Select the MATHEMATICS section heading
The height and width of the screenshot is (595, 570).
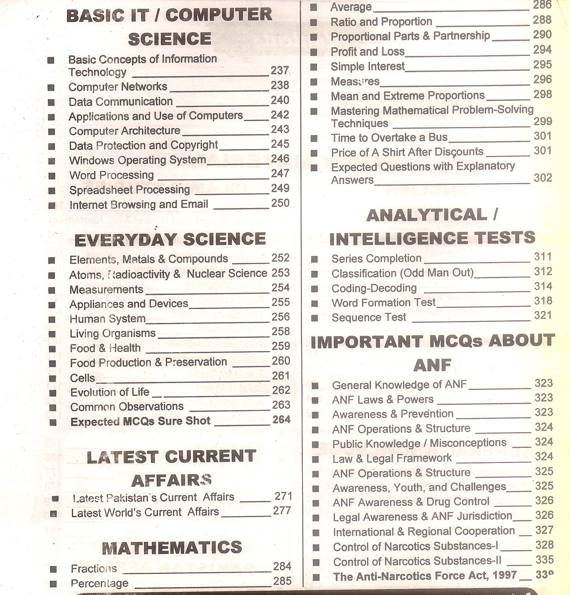click(x=172, y=547)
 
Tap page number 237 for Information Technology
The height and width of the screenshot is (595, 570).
click(x=280, y=70)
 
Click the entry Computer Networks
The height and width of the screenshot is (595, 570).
click(x=118, y=87)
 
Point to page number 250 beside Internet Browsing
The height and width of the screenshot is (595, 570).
click(x=280, y=203)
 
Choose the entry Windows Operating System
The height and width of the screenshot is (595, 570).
click(x=138, y=160)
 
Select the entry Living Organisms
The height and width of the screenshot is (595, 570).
click(x=113, y=334)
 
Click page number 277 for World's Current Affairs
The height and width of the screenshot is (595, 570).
click(x=282, y=511)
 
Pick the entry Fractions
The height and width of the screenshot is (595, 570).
click(x=94, y=569)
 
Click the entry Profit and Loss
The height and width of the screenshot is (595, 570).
click(x=368, y=51)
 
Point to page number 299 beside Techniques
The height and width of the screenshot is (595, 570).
click(x=543, y=121)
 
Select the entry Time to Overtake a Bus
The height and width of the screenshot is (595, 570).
click(x=389, y=137)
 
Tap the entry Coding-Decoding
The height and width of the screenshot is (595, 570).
click(x=374, y=288)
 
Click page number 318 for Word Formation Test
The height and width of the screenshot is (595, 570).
click(x=543, y=301)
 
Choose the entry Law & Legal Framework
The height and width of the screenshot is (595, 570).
click(x=392, y=458)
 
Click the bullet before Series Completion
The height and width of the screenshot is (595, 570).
click(x=314, y=259)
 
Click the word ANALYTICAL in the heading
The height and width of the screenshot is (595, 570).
click(x=427, y=215)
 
